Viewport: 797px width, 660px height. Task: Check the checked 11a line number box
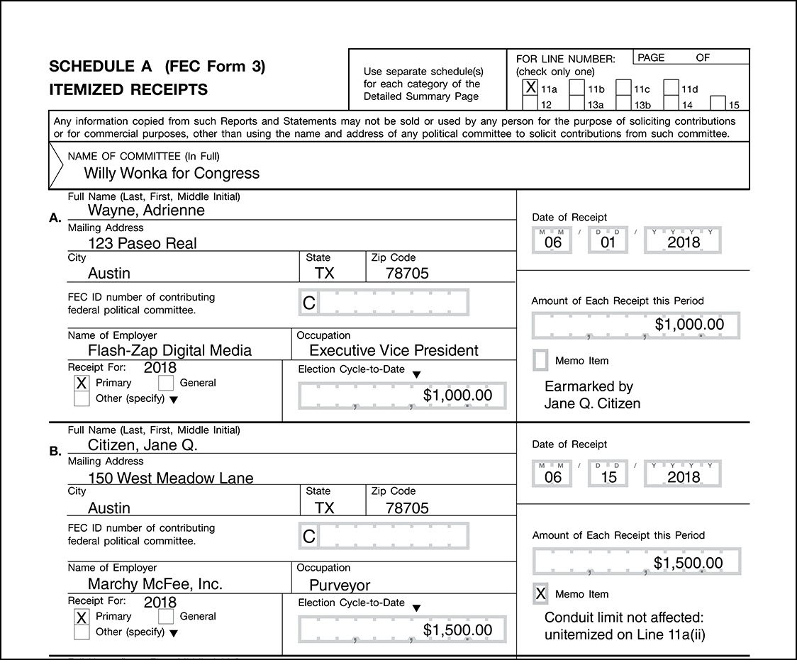click(x=530, y=88)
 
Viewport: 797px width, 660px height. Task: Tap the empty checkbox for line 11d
click(x=671, y=88)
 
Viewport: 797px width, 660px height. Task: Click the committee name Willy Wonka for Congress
click(x=172, y=173)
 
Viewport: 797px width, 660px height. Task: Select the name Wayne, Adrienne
click(x=146, y=210)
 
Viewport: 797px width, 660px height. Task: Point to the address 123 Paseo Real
click(x=143, y=243)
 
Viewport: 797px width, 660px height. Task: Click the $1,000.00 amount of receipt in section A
click(x=689, y=325)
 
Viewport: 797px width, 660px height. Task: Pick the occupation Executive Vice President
click(x=394, y=350)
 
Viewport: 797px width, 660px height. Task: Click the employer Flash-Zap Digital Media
click(x=169, y=350)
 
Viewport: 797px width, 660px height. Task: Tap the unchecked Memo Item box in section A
click(x=540, y=360)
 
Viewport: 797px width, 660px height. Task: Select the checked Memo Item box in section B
click(x=540, y=594)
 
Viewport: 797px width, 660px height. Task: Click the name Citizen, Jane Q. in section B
click(x=143, y=445)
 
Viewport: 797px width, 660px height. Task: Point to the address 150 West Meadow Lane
click(x=170, y=478)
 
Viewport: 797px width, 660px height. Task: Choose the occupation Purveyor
click(x=340, y=586)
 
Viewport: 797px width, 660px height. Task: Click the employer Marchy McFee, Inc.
click(x=155, y=584)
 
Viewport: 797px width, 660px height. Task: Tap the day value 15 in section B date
click(x=608, y=476)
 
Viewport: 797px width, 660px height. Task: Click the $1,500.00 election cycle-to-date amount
click(x=457, y=630)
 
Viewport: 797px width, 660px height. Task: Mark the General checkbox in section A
click(x=166, y=383)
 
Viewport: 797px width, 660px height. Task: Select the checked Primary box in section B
click(x=82, y=617)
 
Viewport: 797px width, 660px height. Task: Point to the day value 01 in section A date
click(x=608, y=242)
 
